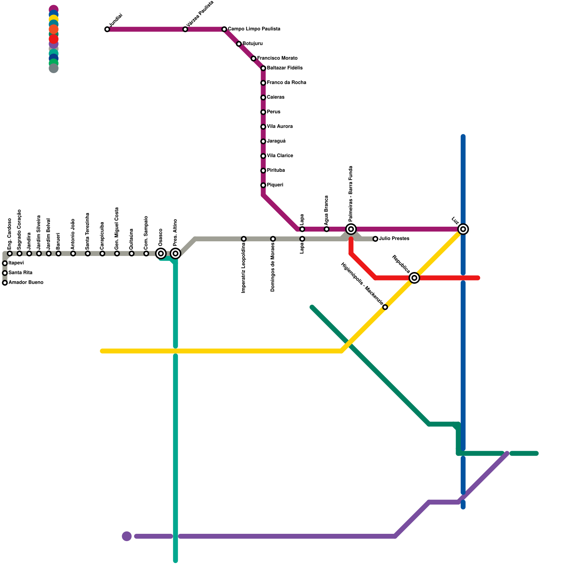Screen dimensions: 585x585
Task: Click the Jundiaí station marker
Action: coord(107,29)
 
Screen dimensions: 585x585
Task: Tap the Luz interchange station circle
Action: coord(463,229)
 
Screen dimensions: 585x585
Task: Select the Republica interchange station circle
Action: coord(414,278)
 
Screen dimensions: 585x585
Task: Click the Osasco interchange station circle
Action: coord(161,253)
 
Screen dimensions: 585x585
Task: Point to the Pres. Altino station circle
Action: coord(175,253)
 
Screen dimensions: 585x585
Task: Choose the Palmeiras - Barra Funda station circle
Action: coord(351,229)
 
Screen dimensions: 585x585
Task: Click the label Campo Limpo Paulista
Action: coord(254,29)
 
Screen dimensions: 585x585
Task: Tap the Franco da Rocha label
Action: coord(286,83)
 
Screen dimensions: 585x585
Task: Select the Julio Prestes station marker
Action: coord(375,239)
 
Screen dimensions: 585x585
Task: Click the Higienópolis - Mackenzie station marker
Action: coord(385,307)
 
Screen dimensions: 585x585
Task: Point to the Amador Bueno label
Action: coord(26,283)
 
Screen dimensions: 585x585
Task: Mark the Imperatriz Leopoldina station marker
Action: coord(244,239)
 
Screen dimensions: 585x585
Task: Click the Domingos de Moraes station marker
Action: coord(273,239)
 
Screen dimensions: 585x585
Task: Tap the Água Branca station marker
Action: coord(327,229)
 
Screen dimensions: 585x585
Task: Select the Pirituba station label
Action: coord(276,170)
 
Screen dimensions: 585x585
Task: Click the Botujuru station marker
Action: coord(239,44)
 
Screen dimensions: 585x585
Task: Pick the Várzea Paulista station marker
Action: coord(185,29)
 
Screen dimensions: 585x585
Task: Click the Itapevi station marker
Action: coord(5,263)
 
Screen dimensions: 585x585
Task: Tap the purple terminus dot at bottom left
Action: coord(127,536)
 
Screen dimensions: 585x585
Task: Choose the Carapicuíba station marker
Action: coord(102,253)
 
